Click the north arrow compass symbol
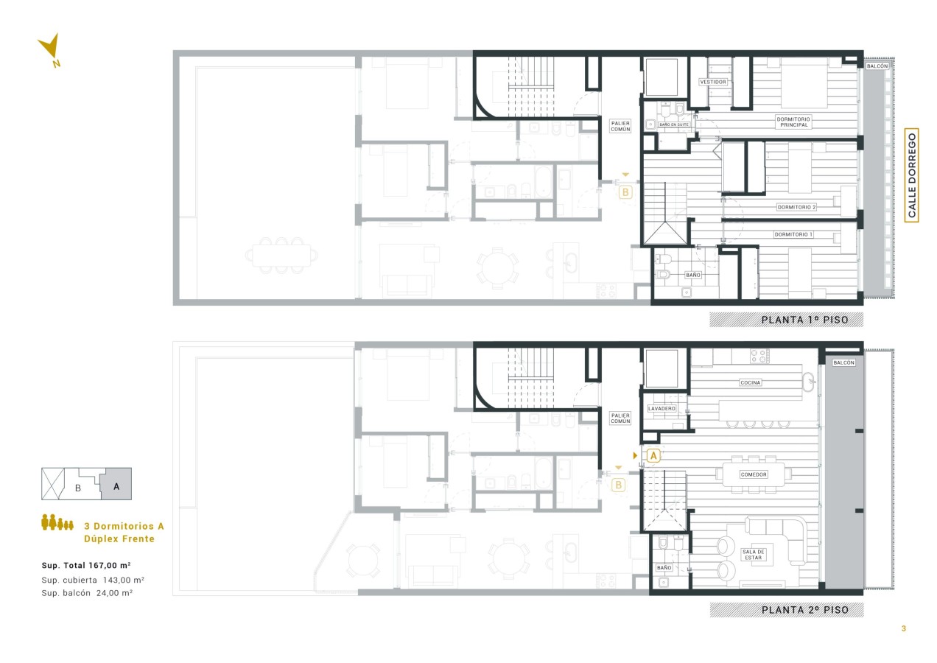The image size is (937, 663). pyautogui.click(x=51, y=47)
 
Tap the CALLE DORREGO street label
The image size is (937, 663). pyautogui.click(x=911, y=175)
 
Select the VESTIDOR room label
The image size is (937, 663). pyautogui.click(x=713, y=82)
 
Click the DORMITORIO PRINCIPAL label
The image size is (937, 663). pyautogui.click(x=793, y=122)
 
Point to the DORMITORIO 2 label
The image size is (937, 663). pyautogui.click(x=796, y=207)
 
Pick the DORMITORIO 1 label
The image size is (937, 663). pyautogui.click(x=793, y=234)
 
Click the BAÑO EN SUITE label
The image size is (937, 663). pyautogui.click(x=673, y=124)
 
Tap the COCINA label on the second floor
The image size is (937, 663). pyautogui.click(x=750, y=382)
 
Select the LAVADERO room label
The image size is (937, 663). pyautogui.click(x=661, y=408)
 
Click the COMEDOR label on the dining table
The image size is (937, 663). pyautogui.click(x=754, y=474)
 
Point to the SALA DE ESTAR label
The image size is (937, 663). pyautogui.click(x=753, y=555)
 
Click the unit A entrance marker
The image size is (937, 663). pyautogui.click(x=653, y=455)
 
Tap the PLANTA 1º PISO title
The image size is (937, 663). pyautogui.click(x=804, y=320)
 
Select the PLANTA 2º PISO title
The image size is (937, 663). pyautogui.click(x=805, y=610)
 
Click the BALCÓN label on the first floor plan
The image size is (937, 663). pyautogui.click(x=877, y=66)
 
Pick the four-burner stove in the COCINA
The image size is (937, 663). pyautogui.click(x=759, y=356)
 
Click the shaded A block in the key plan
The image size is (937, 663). pyautogui.click(x=116, y=484)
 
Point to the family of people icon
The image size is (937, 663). pyautogui.click(x=57, y=522)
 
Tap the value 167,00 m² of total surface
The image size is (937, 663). pyautogui.click(x=109, y=565)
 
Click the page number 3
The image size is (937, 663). pyautogui.click(x=904, y=628)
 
